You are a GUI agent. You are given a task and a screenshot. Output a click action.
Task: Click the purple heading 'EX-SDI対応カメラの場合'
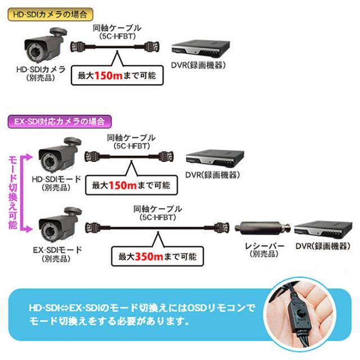point(59,121)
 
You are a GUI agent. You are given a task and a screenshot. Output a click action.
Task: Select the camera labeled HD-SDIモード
point(56,156)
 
